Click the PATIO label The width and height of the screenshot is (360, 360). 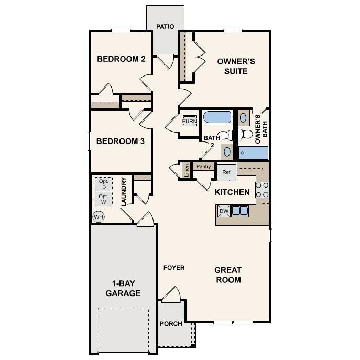click(x=165, y=26)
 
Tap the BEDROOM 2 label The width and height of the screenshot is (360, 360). click(x=121, y=59)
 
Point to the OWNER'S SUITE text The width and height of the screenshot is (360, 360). click(x=236, y=66)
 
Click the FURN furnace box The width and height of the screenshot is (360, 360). click(x=190, y=122)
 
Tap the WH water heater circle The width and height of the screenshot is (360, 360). click(x=99, y=217)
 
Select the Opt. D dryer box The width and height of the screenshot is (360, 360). click(x=104, y=184)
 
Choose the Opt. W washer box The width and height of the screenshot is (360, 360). click(x=104, y=199)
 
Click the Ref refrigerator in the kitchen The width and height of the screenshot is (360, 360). click(x=226, y=171)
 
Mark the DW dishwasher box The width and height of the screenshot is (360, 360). click(x=224, y=211)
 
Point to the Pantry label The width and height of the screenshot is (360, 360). click(x=203, y=167)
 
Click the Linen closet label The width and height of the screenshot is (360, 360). click(x=186, y=170)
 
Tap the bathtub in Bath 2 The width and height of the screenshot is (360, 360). click(x=216, y=117)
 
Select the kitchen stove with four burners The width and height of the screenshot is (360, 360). click(x=262, y=192)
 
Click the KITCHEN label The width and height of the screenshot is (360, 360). click(x=232, y=192)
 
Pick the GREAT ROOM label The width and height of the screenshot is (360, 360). click(x=228, y=275)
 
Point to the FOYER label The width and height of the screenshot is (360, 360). click(x=174, y=268)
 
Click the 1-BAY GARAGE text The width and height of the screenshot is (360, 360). click(x=123, y=288)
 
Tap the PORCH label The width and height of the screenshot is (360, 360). click(x=171, y=324)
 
